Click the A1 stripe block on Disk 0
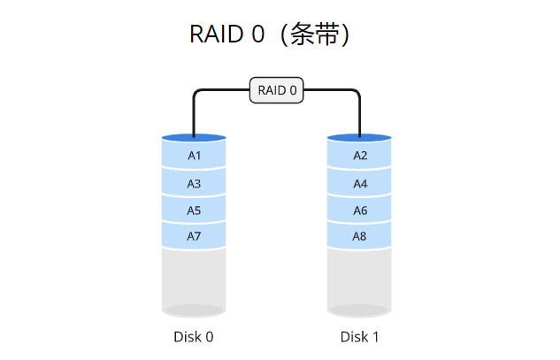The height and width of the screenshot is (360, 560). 194,156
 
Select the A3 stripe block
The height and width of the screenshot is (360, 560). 194,184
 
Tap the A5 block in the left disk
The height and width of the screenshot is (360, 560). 194,211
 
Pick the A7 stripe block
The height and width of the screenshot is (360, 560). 194,237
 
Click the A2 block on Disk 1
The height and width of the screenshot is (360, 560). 360,156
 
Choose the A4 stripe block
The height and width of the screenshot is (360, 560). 360,184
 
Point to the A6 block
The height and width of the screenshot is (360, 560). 360,211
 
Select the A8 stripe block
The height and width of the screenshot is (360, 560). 360,237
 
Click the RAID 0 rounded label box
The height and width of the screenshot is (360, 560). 277,90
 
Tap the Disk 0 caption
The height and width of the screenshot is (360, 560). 194,337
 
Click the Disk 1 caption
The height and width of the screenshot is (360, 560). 360,337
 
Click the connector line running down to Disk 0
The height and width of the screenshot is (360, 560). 193,115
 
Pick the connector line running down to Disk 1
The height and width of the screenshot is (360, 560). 360,115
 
